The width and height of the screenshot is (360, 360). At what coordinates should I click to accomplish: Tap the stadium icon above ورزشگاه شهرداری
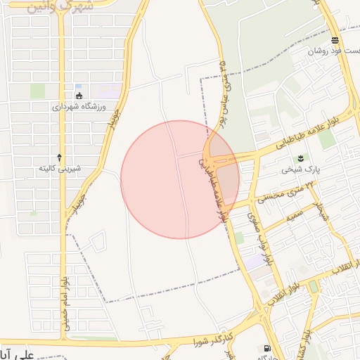(x=79, y=96)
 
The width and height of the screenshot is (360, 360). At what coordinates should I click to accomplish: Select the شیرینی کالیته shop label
(x=60, y=169)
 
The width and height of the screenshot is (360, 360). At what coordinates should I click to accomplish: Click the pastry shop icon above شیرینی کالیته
(x=60, y=157)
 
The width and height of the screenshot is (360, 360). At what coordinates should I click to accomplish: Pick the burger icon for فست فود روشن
(x=334, y=40)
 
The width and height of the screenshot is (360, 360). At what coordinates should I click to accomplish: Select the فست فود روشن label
(x=334, y=52)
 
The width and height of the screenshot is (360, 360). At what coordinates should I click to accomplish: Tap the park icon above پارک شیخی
(x=301, y=157)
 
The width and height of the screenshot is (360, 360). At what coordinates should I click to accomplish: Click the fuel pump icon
(x=266, y=348)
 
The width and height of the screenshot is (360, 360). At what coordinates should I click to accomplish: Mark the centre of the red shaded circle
(x=180, y=179)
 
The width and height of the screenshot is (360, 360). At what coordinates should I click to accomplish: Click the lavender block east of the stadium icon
(x=110, y=91)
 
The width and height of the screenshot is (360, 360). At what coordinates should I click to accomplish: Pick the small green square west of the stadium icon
(x=37, y=91)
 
